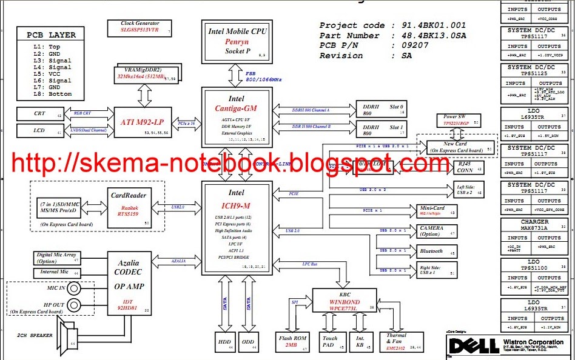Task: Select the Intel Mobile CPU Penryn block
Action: [237, 41]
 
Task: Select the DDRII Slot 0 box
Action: [383, 110]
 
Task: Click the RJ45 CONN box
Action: [468, 167]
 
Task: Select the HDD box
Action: [225, 342]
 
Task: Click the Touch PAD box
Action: [331, 342]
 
